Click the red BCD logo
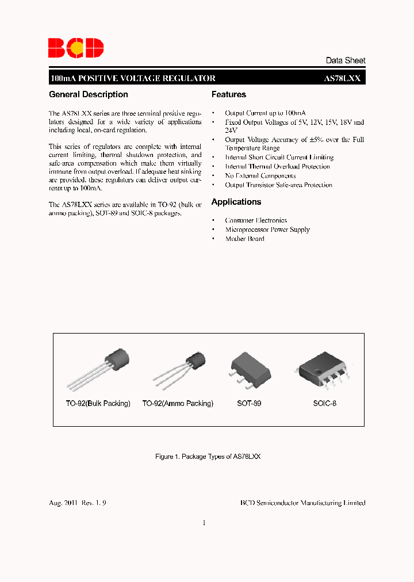pyautogui.click(x=76, y=48)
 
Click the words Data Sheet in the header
pyautogui.click(x=345, y=60)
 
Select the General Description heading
pyautogui.click(x=89, y=94)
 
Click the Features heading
pyautogui.click(x=229, y=94)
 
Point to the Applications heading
pyautogui.click(x=236, y=202)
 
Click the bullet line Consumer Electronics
pyautogui.click(x=255, y=220)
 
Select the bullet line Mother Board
pyautogui.click(x=244, y=239)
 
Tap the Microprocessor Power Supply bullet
pyautogui.click(x=267, y=229)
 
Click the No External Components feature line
pyautogui.click(x=260, y=175)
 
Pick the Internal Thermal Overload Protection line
pyautogui.click(x=277, y=166)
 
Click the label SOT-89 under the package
pyautogui.click(x=249, y=404)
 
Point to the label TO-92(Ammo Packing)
pyautogui.click(x=178, y=404)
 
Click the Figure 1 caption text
pyautogui.click(x=208, y=456)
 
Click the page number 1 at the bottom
pyautogui.click(x=204, y=523)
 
